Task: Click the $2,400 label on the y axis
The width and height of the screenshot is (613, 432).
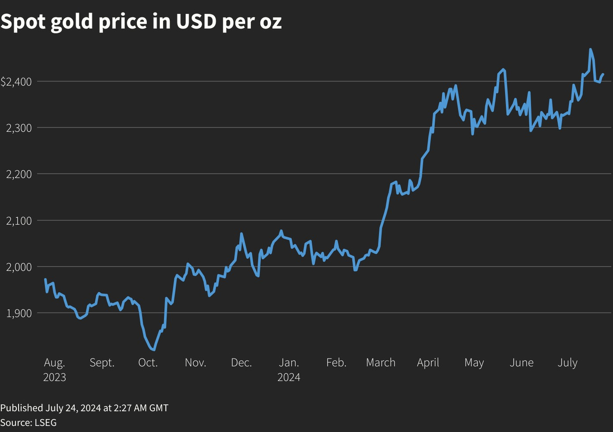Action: pyautogui.click(x=16, y=82)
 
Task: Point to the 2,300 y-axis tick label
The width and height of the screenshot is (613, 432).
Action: pyautogui.click(x=19, y=128)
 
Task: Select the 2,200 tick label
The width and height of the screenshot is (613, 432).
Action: pyautogui.click(x=19, y=174)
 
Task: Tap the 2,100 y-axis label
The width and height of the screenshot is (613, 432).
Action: pyautogui.click(x=19, y=221)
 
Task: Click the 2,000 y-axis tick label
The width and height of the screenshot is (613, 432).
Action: pyautogui.click(x=19, y=267)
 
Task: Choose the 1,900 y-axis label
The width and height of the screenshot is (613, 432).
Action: pyautogui.click(x=19, y=313)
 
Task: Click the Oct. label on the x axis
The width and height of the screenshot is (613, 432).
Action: pyautogui.click(x=148, y=363)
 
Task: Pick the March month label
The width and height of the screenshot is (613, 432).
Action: pyautogui.click(x=381, y=363)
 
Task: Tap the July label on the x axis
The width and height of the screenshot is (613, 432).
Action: pyautogui.click(x=567, y=363)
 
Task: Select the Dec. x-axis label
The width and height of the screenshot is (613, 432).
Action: pyautogui.click(x=241, y=363)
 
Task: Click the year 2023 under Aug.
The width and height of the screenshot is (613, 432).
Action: pyautogui.click(x=54, y=377)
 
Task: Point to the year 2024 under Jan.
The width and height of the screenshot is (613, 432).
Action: pyautogui.click(x=289, y=377)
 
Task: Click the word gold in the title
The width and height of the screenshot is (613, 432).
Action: pyautogui.click(x=72, y=22)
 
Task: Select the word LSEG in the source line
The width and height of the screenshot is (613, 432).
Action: pyautogui.click(x=45, y=422)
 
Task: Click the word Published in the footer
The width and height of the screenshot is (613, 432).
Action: pyautogui.click(x=22, y=408)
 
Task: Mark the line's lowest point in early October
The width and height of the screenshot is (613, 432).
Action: pyautogui.click(x=153, y=349)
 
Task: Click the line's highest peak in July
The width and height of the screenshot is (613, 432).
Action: pyautogui.click(x=591, y=49)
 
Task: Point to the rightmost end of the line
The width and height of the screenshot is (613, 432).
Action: pyautogui.click(x=603, y=74)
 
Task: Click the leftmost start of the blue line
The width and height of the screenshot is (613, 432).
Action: pyautogui.click(x=45, y=279)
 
